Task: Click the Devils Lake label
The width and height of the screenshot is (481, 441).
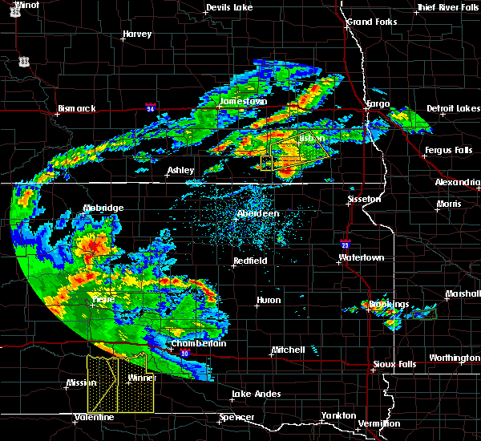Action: click(x=229, y=7)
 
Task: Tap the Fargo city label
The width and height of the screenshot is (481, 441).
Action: click(x=378, y=104)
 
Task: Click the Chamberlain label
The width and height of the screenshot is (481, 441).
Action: click(x=199, y=343)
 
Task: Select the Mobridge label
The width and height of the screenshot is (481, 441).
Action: click(x=104, y=208)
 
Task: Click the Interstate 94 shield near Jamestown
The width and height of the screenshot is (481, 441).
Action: click(x=151, y=106)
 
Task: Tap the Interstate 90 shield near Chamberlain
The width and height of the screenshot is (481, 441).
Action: click(x=185, y=354)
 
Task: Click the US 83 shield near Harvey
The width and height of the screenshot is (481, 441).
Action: click(x=25, y=61)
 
